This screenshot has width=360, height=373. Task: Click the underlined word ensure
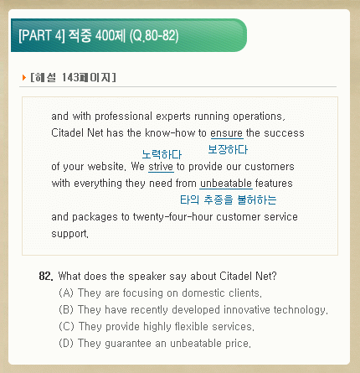[x=227, y=133]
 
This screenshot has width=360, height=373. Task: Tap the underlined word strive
[x=161, y=167]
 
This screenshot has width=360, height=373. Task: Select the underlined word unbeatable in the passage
[x=226, y=184]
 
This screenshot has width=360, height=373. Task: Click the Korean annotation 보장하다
[x=228, y=149]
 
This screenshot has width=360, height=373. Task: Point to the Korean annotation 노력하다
[x=162, y=154]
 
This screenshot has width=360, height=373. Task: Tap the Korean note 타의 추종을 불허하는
[x=229, y=199]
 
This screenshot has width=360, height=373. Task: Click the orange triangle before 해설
[x=24, y=77]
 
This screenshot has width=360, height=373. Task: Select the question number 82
[x=46, y=277]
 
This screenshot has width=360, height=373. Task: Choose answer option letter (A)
[x=66, y=293]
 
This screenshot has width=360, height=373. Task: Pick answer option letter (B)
[x=66, y=310]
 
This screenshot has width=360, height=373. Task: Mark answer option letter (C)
[x=66, y=327]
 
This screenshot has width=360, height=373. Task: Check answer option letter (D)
[x=66, y=344]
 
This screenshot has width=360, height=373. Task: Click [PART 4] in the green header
[x=42, y=35]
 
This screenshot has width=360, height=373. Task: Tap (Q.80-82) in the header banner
[x=154, y=36]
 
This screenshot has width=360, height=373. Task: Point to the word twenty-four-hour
[x=172, y=217]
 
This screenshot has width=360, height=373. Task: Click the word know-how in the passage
[x=170, y=133]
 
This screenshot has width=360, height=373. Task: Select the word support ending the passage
[x=69, y=234]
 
